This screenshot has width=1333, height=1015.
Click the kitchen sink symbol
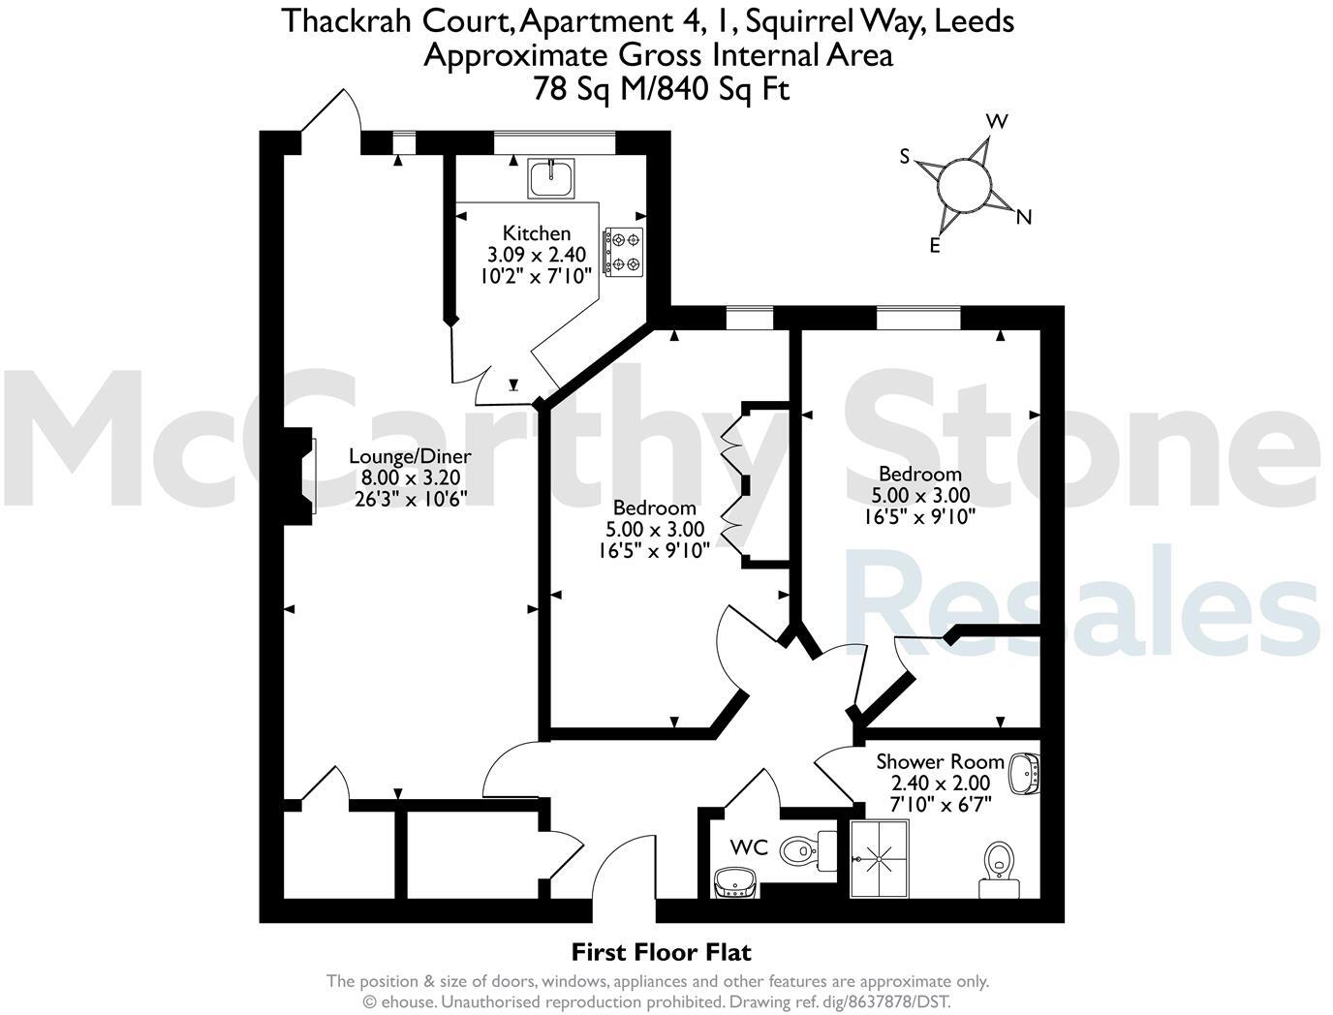[551, 176]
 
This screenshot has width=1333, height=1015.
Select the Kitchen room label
[536, 232]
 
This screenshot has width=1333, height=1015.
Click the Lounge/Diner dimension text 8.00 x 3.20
[410, 477]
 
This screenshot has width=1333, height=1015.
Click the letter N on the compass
[1023, 218]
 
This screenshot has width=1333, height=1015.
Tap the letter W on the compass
[997, 121]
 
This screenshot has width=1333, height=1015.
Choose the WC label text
[749, 848]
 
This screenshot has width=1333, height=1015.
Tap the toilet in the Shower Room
[998, 862]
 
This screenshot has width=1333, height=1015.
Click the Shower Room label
[940, 761]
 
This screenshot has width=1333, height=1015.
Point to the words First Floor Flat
[661, 952]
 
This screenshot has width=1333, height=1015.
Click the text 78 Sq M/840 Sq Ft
[661, 89]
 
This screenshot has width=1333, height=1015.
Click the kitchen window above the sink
[553, 142]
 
